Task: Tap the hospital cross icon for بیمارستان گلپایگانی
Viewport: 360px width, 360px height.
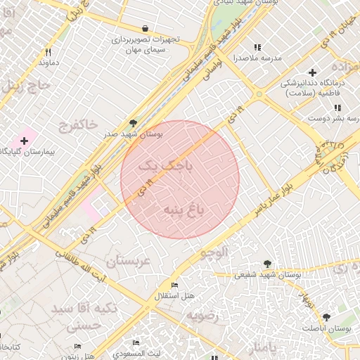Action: tap(24, 141)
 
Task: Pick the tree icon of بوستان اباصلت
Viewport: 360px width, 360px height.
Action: tap(326, 317)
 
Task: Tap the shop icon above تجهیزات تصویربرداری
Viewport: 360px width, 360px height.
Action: tap(145, 29)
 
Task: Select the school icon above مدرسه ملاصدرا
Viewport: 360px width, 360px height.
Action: tap(257, 47)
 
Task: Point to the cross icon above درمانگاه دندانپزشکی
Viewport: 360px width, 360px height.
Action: tap(312, 72)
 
